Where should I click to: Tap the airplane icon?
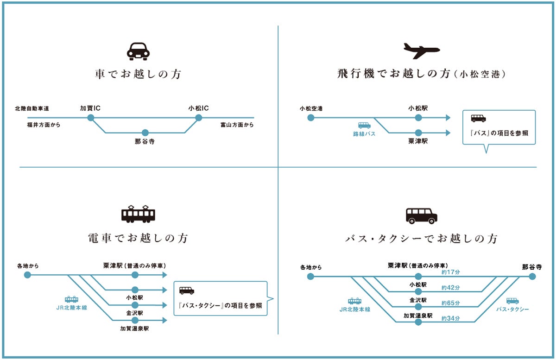point(421,50)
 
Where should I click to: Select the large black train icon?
point(138,214)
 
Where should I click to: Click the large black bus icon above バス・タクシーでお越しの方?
point(421,215)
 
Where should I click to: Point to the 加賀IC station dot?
point(91,118)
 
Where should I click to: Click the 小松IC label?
point(198,108)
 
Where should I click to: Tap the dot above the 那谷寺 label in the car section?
point(145,133)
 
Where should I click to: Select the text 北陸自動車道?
point(32,109)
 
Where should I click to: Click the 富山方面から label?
point(237,125)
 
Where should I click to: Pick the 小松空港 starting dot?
point(310,118)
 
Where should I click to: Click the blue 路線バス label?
point(364,134)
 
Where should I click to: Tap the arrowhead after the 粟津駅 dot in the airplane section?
point(447,133)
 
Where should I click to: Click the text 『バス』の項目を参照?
point(499,133)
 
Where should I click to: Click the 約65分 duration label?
point(450,303)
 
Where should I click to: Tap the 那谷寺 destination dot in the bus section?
point(532,277)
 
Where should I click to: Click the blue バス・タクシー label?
point(512,309)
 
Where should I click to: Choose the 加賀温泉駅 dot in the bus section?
point(418,322)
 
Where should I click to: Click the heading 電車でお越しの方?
point(138,238)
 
